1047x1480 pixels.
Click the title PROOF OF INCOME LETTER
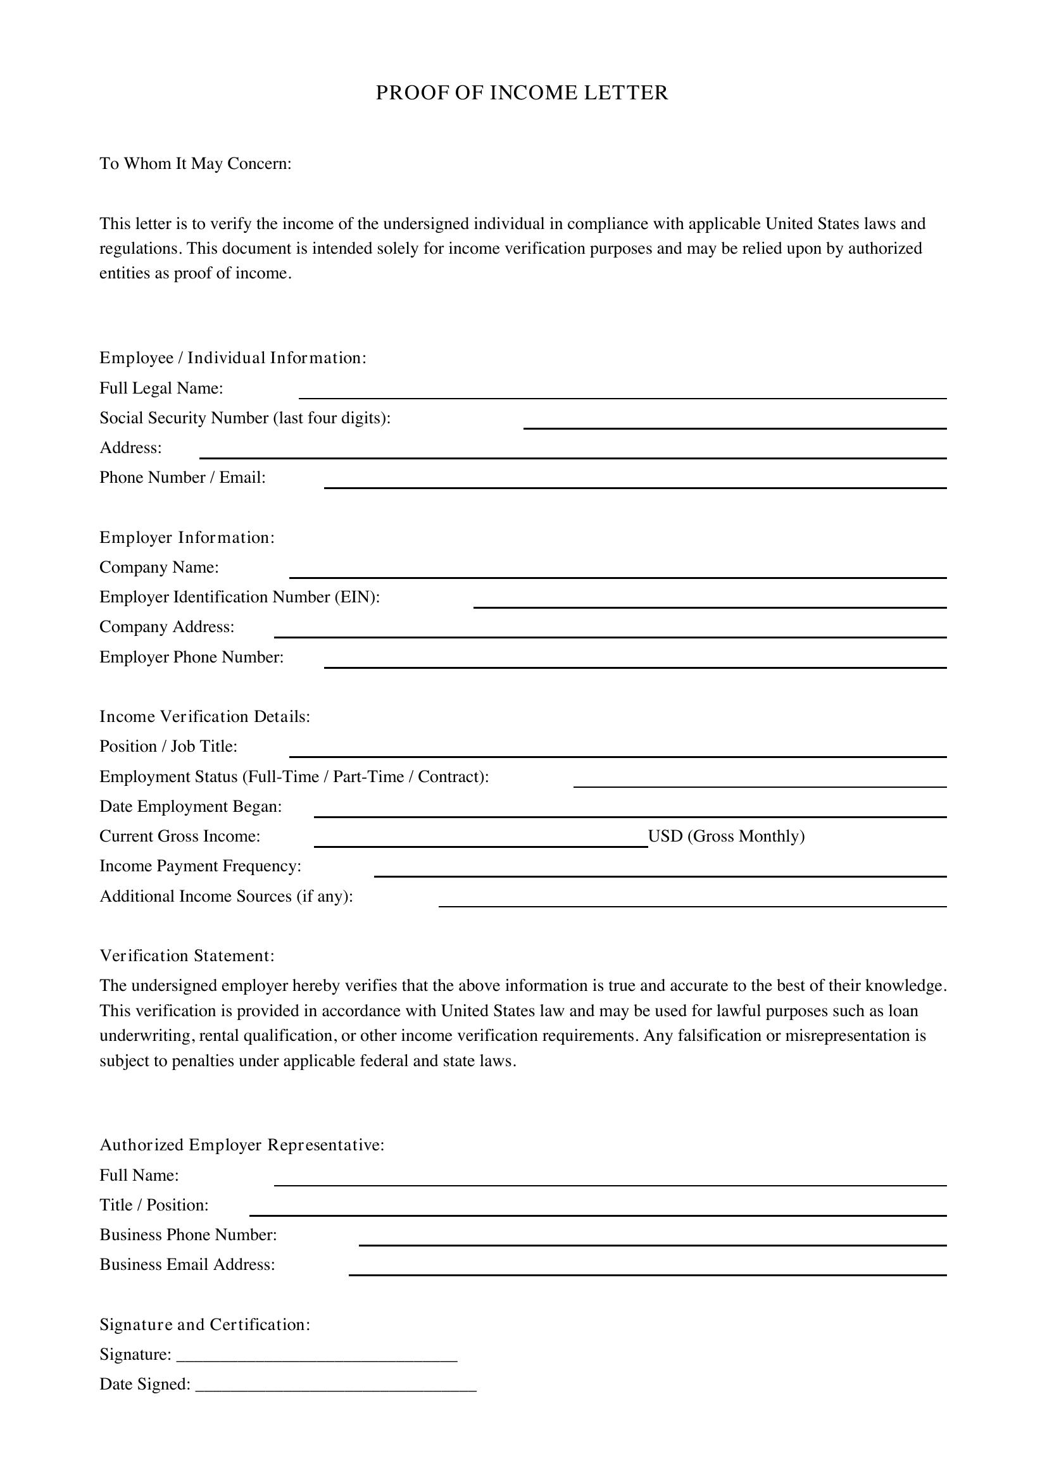tap(522, 94)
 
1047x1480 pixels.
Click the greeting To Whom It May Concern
tap(196, 164)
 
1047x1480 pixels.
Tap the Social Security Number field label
tap(245, 418)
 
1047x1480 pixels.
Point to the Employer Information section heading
tap(187, 538)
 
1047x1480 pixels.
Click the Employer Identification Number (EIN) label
tap(239, 597)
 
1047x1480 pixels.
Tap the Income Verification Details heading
tap(204, 717)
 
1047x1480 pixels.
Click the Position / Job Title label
tap(168, 747)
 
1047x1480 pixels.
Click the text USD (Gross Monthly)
tap(726, 836)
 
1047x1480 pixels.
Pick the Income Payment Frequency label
tap(200, 866)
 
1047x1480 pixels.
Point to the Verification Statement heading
tap(187, 956)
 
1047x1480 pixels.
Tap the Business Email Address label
tap(187, 1265)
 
